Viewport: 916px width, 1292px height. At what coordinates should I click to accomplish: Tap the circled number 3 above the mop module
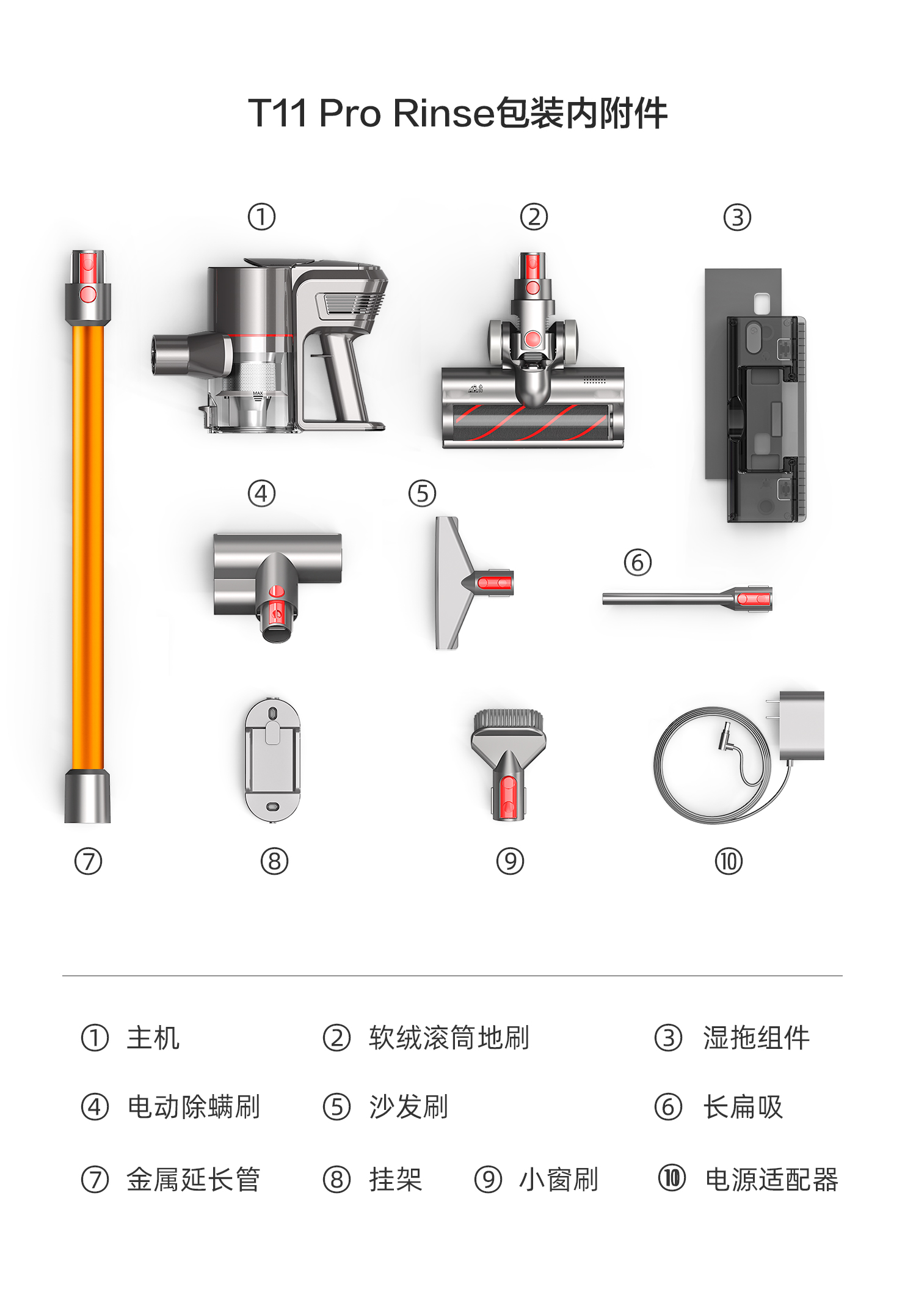point(737,217)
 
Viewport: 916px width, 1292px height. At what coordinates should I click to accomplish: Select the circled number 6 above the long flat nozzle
point(638,562)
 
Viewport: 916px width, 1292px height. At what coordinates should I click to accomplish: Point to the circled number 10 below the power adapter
point(729,861)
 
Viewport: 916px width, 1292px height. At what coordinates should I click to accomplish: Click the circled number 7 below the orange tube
point(88,861)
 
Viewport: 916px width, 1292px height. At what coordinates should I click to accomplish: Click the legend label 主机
point(153,1038)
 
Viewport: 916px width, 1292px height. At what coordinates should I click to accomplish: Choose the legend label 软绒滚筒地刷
point(449,1038)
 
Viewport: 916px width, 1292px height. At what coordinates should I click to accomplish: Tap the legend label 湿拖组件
point(756,1038)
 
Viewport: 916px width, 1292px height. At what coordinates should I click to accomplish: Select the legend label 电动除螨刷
point(194,1107)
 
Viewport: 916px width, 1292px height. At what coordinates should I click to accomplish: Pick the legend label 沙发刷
point(409,1107)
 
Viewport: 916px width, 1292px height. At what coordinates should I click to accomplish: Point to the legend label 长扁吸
point(743,1107)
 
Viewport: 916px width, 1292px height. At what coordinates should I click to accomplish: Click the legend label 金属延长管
point(194,1179)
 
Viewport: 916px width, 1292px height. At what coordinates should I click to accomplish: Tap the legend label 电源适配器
point(772,1179)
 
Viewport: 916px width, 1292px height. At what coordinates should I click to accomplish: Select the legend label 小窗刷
point(558,1179)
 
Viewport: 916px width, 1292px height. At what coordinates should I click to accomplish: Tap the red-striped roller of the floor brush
point(531,422)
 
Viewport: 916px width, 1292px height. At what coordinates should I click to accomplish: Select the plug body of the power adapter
point(802,726)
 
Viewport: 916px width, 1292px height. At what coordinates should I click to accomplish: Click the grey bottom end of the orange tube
point(88,796)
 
